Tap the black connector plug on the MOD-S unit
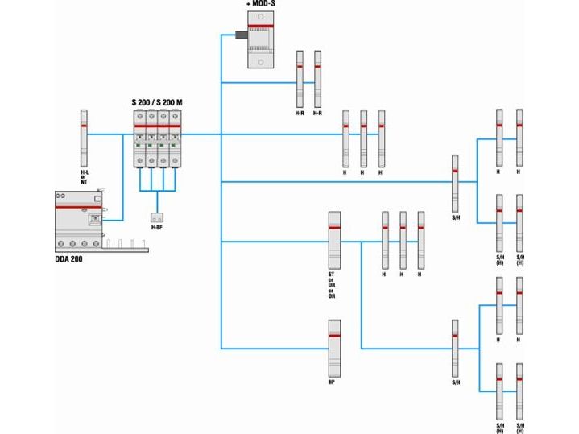239,35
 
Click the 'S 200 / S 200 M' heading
156,103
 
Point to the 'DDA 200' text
69,258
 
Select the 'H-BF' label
157,228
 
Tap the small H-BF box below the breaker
157,217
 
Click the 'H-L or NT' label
84,177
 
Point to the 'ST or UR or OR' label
332,285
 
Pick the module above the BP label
335,345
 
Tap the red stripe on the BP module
335,333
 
